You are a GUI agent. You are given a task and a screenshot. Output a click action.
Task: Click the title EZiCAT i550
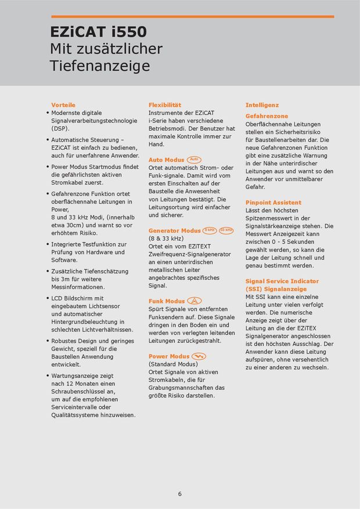click(98, 31)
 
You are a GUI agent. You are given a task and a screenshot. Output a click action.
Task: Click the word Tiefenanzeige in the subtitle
click(100, 66)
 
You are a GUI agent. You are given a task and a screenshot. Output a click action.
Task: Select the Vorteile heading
click(63, 105)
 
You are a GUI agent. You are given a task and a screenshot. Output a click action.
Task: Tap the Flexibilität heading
click(165, 105)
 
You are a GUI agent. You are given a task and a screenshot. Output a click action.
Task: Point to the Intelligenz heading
click(262, 105)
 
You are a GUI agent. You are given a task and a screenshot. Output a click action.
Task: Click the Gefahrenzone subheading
click(267, 116)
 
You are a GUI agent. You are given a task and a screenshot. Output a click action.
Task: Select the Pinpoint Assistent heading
click(273, 203)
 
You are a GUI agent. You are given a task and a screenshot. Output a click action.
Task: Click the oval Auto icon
click(195, 159)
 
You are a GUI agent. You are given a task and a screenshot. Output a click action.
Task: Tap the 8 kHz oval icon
click(210, 230)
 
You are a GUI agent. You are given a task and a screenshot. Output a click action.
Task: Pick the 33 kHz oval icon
click(226, 230)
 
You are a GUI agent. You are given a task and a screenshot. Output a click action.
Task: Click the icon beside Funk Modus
click(195, 301)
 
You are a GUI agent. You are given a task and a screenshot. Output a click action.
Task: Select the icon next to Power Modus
click(199, 356)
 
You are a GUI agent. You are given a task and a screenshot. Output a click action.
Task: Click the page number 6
click(180, 494)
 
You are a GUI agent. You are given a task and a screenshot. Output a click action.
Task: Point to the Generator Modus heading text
click(174, 230)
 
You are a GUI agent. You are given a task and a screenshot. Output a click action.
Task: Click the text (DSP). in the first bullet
click(60, 128)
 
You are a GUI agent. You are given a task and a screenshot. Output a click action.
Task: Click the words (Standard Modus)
click(173, 364)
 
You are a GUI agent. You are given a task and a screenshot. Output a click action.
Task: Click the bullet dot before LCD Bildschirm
click(47, 298)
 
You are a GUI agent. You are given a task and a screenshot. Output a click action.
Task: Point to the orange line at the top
click(192, 16)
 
